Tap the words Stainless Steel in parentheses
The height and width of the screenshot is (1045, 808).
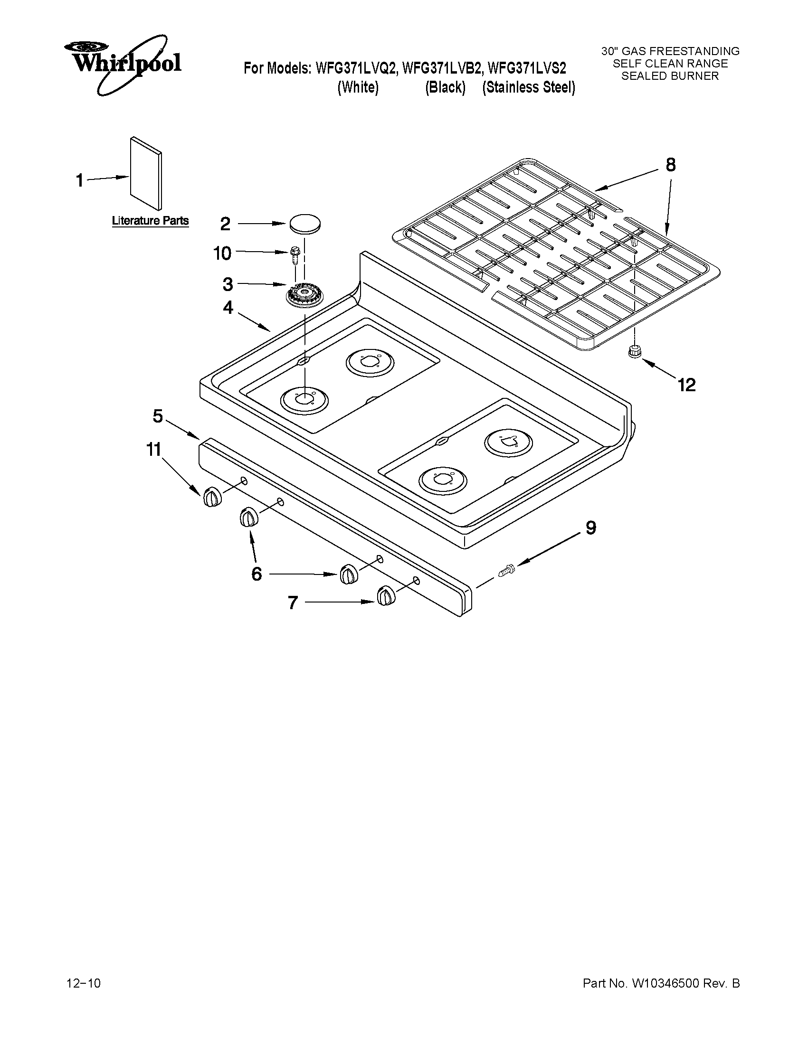[529, 87]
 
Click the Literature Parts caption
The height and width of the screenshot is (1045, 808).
[150, 221]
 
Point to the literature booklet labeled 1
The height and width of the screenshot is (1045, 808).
[145, 174]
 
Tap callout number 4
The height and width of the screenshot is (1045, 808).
[228, 307]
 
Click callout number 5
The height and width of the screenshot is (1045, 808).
[158, 416]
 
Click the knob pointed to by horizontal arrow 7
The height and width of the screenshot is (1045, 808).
[386, 596]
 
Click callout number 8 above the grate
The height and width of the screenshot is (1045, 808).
[671, 165]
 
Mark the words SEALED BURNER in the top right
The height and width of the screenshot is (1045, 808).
[670, 76]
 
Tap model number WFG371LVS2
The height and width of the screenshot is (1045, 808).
[526, 68]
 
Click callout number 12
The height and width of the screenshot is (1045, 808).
[686, 385]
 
